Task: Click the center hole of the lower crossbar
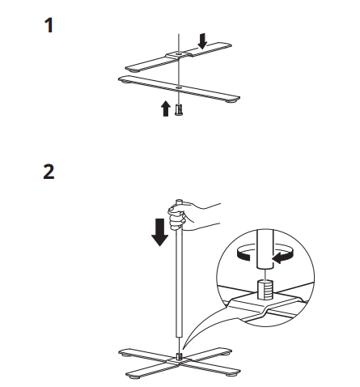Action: [x=176, y=85]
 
